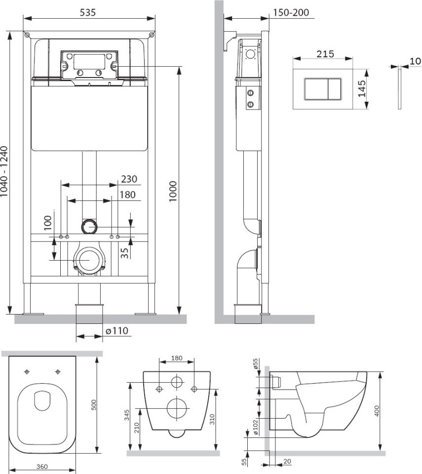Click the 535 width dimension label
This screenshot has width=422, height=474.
88,12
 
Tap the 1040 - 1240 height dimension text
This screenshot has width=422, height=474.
3,172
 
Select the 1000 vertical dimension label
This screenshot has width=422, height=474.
173,192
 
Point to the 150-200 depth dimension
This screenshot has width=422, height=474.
291,12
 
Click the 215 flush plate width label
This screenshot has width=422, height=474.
325,54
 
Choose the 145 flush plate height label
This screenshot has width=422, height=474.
362,88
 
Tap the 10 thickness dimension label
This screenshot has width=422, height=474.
416,61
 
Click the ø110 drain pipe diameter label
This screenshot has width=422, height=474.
117,331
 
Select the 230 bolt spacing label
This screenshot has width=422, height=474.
129,179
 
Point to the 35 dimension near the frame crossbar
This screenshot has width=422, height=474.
125,253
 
